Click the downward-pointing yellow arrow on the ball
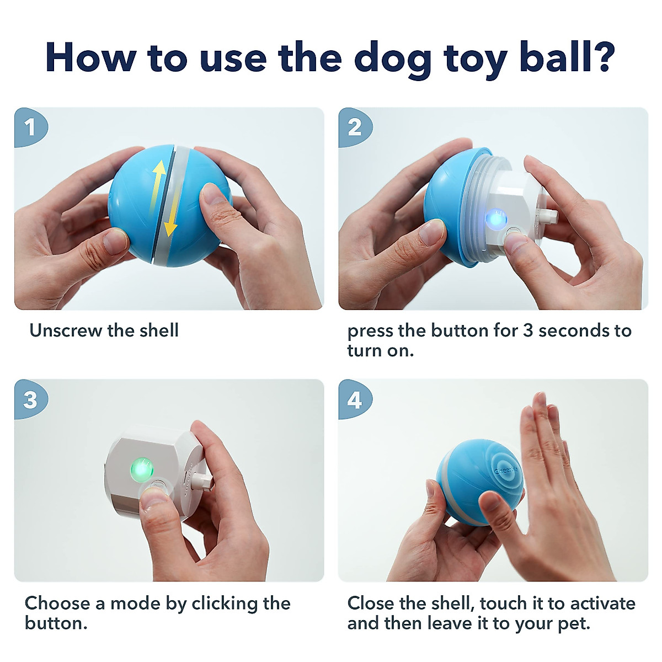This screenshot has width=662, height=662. coord(171,218)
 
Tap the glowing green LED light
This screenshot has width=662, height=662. coord(141,469)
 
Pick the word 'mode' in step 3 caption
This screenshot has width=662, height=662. coord(136,603)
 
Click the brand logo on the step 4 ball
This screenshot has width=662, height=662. coord(506,471)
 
